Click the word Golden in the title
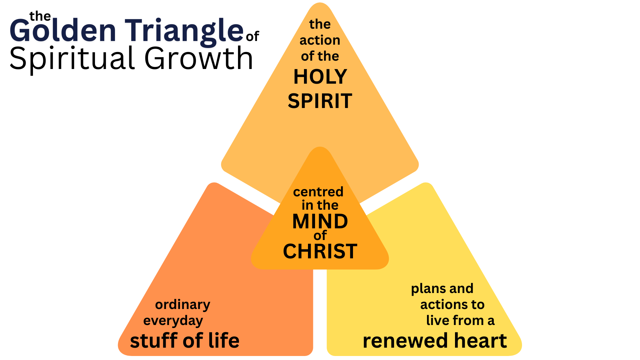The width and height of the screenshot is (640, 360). [x=63, y=31]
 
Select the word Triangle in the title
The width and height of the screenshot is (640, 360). [x=184, y=31]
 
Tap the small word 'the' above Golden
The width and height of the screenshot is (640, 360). [x=40, y=16]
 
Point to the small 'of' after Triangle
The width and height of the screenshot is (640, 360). [x=252, y=36]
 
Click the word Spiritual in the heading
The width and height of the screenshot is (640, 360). [x=72, y=59]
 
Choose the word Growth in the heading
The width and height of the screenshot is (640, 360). [x=198, y=59]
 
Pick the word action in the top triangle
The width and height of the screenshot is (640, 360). [x=320, y=40]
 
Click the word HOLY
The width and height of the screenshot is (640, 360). [x=320, y=77]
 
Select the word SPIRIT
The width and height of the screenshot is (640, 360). [x=320, y=101]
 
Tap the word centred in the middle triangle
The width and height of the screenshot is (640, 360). [x=318, y=192]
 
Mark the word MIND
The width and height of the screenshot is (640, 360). [x=320, y=221]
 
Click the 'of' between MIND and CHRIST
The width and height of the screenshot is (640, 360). [x=320, y=236]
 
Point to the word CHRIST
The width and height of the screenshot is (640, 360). [x=320, y=251]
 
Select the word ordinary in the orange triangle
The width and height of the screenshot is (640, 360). [x=183, y=305]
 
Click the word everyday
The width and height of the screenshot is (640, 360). [x=173, y=321]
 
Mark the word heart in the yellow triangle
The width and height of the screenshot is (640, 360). [x=480, y=341]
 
